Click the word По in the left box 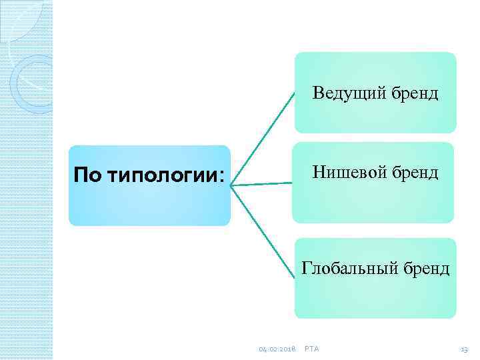[85, 176]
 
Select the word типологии [155, 177]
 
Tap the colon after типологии [221, 177]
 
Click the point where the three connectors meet [231, 185]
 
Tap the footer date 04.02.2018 [277, 349]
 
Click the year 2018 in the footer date [287, 349]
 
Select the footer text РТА [311, 349]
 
